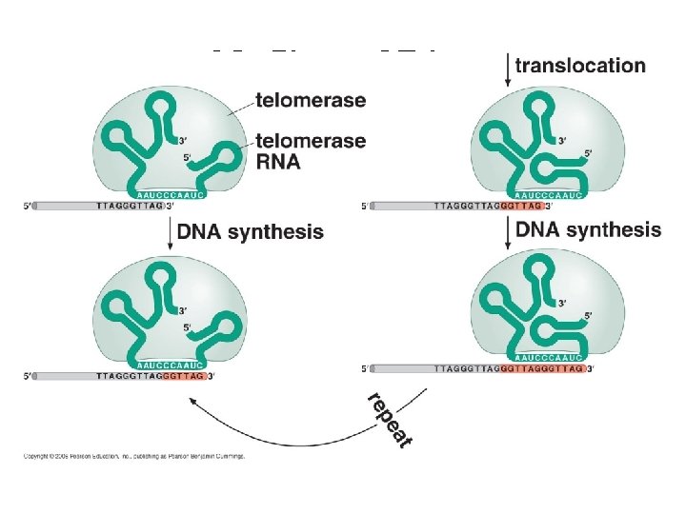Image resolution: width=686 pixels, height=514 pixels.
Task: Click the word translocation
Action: point(580,66)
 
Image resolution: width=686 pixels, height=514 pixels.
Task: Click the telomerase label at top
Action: point(311,100)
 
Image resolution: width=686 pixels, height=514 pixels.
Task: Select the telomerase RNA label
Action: point(311,150)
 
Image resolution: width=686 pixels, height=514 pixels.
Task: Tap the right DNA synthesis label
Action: point(588,229)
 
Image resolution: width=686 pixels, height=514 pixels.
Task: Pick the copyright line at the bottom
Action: point(133,456)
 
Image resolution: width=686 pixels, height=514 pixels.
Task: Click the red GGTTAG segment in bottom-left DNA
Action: point(183,377)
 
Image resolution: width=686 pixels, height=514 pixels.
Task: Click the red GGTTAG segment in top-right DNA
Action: point(520,205)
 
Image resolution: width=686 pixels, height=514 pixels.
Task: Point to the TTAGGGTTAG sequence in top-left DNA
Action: point(131,205)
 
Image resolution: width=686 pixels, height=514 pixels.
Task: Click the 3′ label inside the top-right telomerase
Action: point(562,141)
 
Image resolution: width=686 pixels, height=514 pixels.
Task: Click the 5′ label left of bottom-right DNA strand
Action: point(366,368)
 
